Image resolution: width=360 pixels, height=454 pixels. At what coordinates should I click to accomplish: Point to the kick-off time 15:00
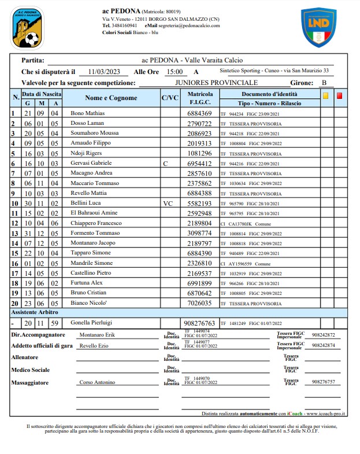tap(174, 72)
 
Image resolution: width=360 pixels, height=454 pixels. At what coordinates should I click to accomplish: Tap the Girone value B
tap(324, 83)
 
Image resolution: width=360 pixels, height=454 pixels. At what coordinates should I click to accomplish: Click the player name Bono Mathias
tap(87, 113)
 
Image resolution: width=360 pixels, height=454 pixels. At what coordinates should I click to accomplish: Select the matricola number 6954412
tap(200, 164)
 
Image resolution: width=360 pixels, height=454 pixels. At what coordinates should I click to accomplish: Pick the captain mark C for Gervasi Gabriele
tap(165, 164)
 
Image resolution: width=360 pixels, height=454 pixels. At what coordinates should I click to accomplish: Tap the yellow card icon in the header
tap(325, 97)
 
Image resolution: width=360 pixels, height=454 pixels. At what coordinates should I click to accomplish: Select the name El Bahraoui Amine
tap(94, 213)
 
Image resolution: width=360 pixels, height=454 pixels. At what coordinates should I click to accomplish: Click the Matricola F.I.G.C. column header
tap(200, 97)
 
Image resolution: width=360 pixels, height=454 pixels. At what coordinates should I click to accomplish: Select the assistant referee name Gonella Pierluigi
tap(92, 323)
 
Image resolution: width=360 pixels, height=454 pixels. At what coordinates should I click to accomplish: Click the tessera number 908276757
tap(322, 382)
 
